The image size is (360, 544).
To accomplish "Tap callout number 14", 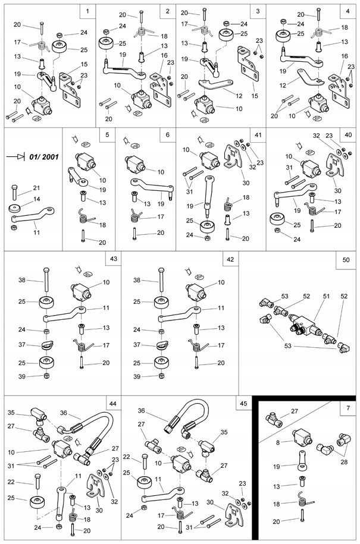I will pyautogui.click(x=37, y=199).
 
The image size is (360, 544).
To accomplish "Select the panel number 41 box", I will pyautogui.click(x=257, y=135).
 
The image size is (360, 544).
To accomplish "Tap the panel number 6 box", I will pyautogui.click(x=167, y=135).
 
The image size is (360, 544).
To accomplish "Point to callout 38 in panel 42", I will pyautogui.click(x=137, y=279).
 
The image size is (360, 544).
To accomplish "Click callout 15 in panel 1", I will pyautogui.click(x=84, y=64).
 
